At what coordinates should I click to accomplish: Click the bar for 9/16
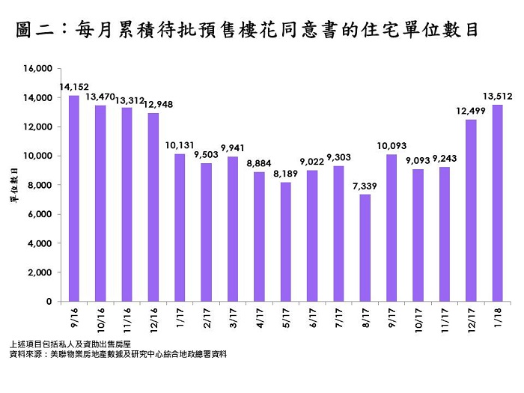tap(74, 198)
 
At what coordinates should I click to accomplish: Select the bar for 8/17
tap(365, 248)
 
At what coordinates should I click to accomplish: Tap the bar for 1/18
tap(497, 203)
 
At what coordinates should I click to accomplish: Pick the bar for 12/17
tap(471, 210)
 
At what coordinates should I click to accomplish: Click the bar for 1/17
tap(180, 228)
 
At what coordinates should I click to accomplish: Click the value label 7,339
tap(365, 186)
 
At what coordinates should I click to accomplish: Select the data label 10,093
tap(392, 145)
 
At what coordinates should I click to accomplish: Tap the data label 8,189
tap(285, 173)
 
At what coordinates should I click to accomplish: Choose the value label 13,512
tap(498, 96)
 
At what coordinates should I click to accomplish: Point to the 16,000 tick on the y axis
tap(37, 69)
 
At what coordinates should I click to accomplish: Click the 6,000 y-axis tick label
tap(39, 214)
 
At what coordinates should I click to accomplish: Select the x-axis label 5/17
tap(284, 314)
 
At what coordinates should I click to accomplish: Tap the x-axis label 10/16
tap(100, 317)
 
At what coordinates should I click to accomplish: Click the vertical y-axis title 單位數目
tap(14, 185)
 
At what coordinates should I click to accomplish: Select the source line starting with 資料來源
tap(119, 353)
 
